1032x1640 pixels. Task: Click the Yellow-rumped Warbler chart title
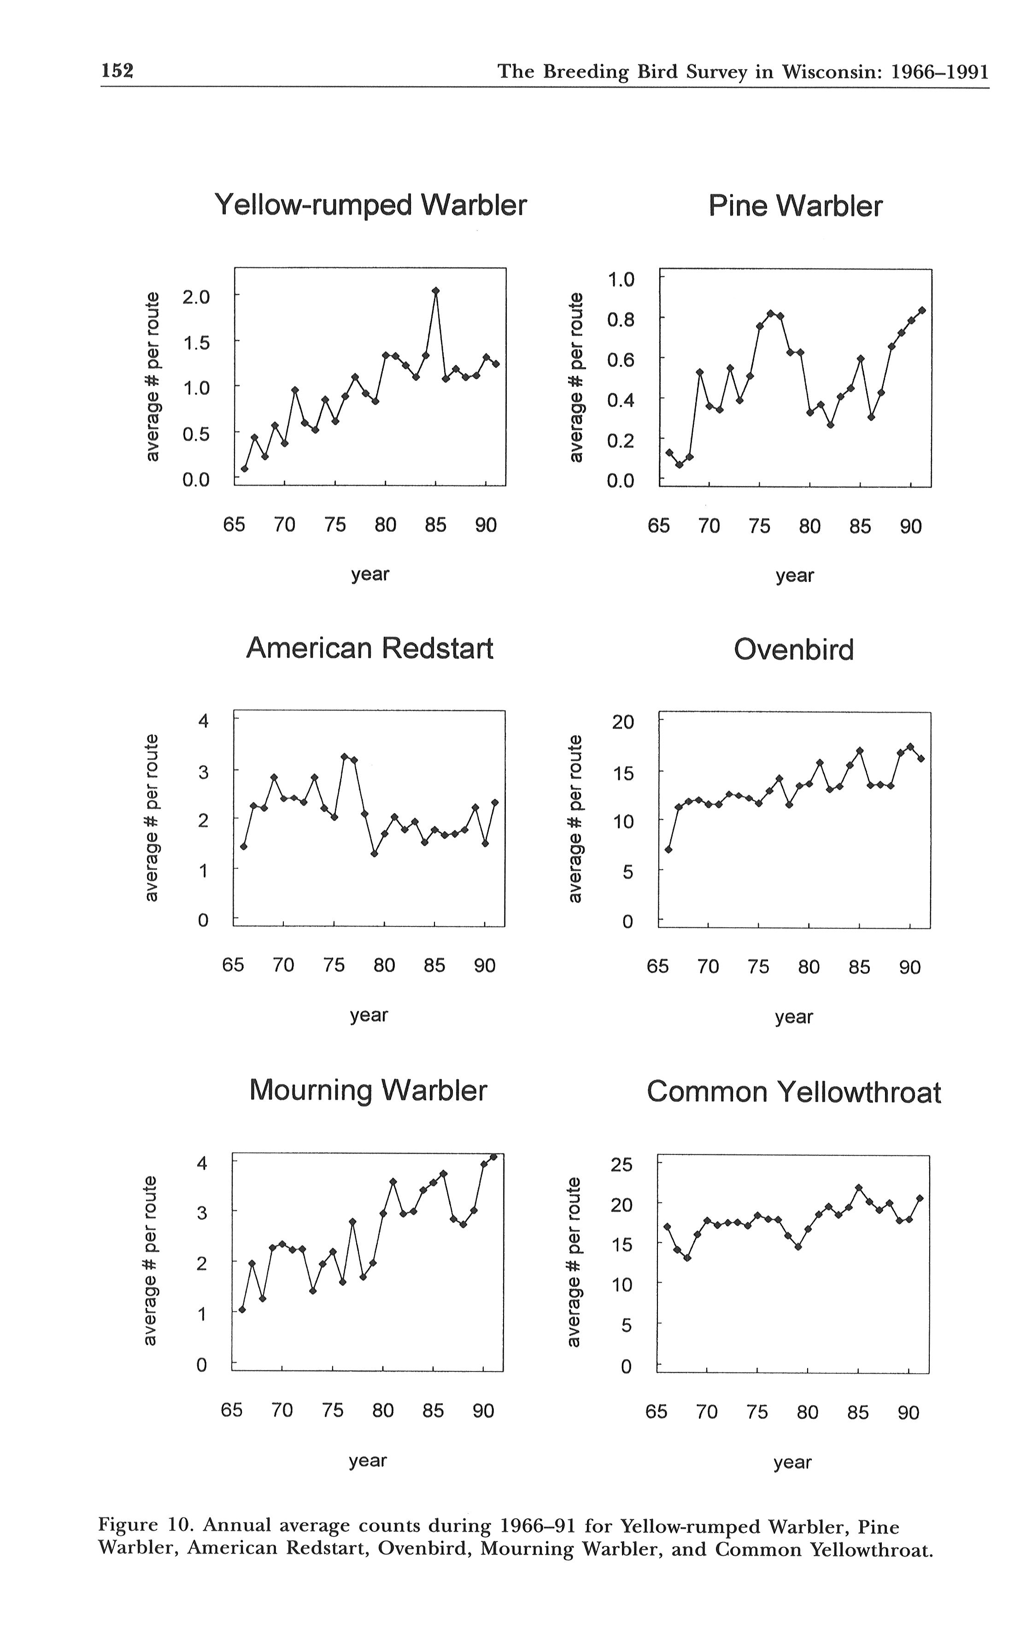point(370,205)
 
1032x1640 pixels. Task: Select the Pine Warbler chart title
point(795,205)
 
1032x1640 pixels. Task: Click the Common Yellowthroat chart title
point(794,1092)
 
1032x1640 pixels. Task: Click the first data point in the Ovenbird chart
point(668,849)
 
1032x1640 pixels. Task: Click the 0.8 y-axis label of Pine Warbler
point(621,319)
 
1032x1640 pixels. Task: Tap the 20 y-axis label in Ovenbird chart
point(622,721)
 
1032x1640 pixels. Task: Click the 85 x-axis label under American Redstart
point(434,966)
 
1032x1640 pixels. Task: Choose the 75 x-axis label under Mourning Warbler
point(333,1410)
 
